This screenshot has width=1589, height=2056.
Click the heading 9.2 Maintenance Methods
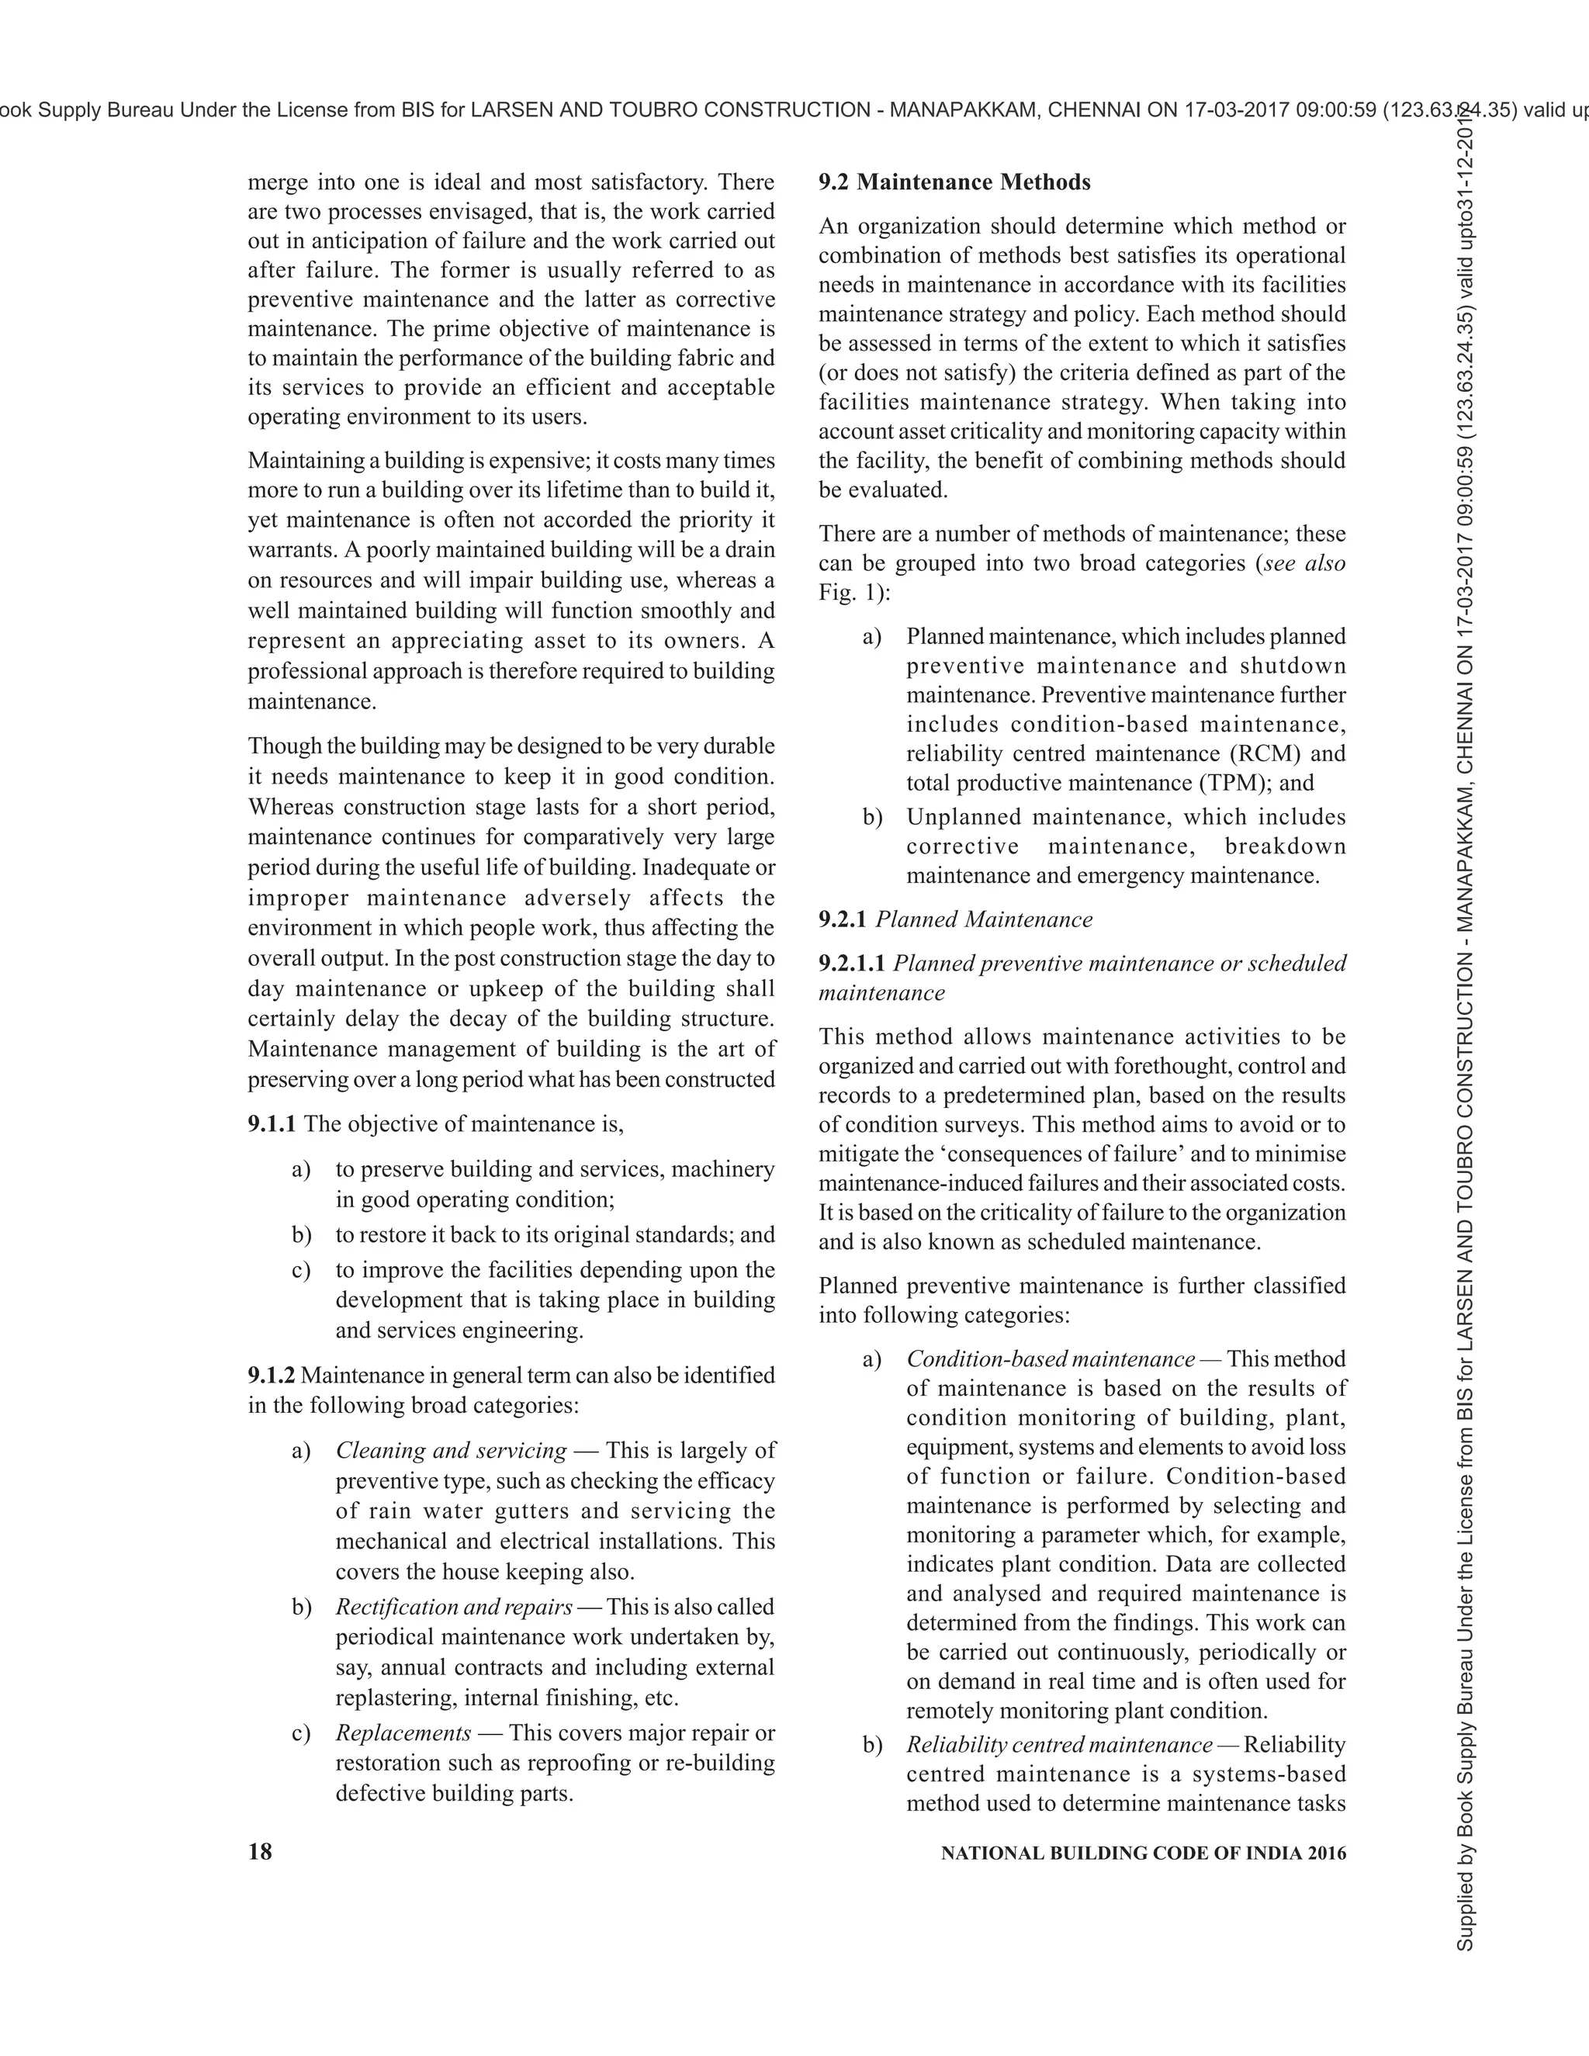[x=954, y=182]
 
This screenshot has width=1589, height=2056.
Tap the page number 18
[x=260, y=1852]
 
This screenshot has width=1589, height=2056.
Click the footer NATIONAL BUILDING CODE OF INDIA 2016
[x=1143, y=1853]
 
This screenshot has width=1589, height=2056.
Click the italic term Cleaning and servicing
[x=451, y=1451]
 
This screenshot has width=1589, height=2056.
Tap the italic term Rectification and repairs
[x=454, y=1607]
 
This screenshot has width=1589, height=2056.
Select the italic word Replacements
[x=403, y=1733]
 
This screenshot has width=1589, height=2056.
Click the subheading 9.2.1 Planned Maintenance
[x=955, y=919]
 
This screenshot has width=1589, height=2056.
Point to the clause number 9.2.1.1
[x=852, y=963]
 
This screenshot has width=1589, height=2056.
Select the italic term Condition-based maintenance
[x=1051, y=1359]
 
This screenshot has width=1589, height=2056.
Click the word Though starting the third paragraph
[x=281, y=746]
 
